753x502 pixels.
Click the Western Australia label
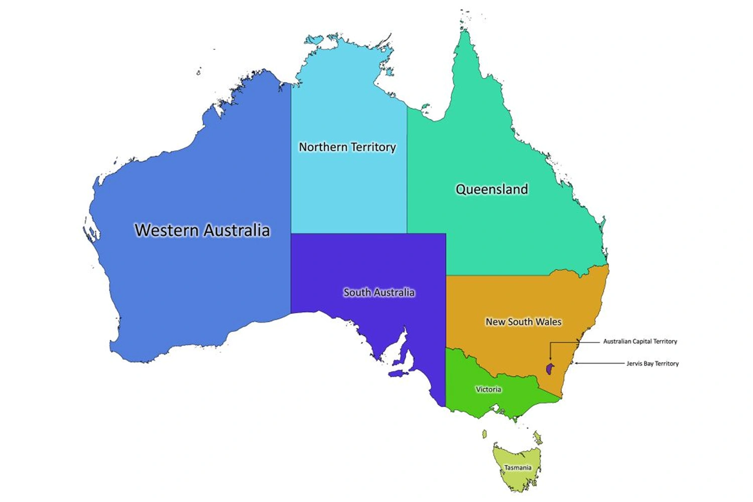pyautogui.click(x=202, y=230)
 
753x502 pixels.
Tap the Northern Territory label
pyautogui.click(x=347, y=147)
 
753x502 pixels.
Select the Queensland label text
pyautogui.click(x=491, y=189)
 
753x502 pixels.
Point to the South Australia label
pyautogui.click(x=379, y=292)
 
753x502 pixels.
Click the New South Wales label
pyautogui.click(x=523, y=322)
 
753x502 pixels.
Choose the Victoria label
pyautogui.click(x=488, y=390)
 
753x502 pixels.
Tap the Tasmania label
pyautogui.click(x=518, y=468)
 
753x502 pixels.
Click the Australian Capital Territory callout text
pyautogui.click(x=640, y=341)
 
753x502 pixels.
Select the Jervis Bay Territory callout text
pyautogui.click(x=652, y=363)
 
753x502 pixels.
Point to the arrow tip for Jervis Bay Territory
pyautogui.click(x=575, y=363)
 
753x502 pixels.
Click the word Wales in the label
pyautogui.click(x=550, y=322)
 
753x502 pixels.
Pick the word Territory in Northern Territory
pyautogui.click(x=373, y=147)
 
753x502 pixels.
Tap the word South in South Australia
pyautogui.click(x=356, y=292)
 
